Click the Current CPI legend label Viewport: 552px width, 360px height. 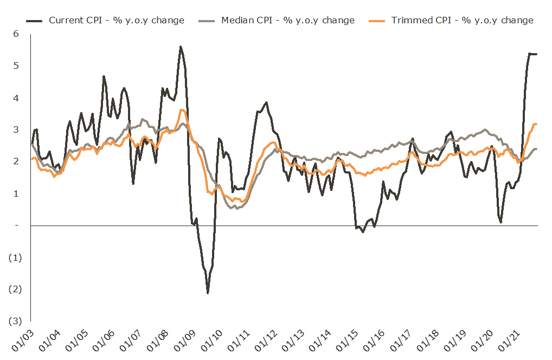click(117, 21)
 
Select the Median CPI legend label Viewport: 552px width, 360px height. click(287, 21)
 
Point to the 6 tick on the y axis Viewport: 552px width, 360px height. click(16, 34)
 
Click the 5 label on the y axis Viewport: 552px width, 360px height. click(16, 66)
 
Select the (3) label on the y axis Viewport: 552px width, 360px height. click(15, 321)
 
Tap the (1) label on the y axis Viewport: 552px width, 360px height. click(15, 257)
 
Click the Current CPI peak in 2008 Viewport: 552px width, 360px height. click(180, 47)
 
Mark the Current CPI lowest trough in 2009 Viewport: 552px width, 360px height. click(208, 293)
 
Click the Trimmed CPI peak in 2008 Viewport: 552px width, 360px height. click(182, 110)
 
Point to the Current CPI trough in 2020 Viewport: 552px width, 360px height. click(500, 222)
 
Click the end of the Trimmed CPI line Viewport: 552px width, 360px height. click(536, 124)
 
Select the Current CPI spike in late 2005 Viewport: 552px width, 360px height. click(104, 76)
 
